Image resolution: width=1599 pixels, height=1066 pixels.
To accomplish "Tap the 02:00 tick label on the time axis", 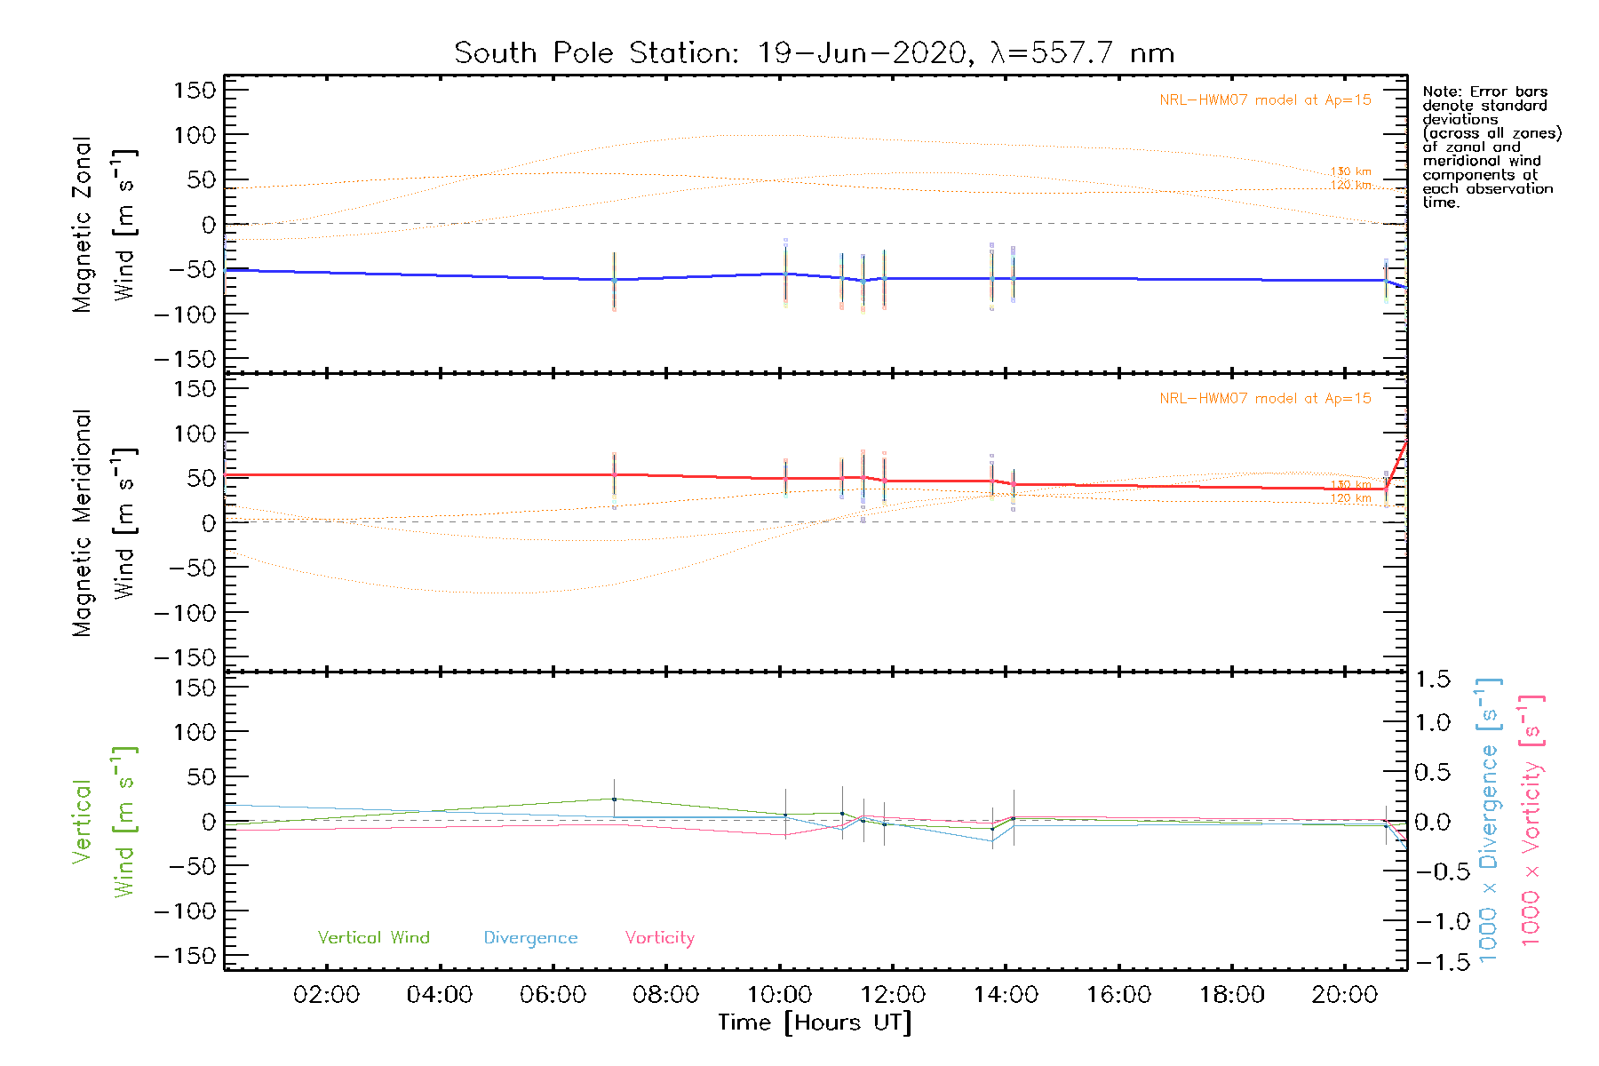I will point(326,995).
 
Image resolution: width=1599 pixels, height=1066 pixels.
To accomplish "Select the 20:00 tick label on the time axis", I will point(1344,995).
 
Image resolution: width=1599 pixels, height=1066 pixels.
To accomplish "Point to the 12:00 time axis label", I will point(892,995).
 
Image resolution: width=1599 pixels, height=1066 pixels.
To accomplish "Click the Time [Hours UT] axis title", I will point(815,1022).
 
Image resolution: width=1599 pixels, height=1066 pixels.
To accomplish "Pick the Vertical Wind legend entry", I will point(373,938).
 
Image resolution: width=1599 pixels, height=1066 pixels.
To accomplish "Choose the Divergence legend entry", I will point(530,938).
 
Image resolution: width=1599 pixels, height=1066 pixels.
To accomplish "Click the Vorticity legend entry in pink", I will point(659,938).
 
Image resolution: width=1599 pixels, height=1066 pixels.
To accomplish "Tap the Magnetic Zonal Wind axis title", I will point(104,225).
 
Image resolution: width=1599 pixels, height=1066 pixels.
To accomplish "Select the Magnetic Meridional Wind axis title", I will point(104,523).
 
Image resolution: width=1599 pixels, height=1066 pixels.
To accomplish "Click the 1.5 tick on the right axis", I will point(1432,680).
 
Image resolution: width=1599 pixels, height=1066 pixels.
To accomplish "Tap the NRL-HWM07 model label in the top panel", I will point(1265,100).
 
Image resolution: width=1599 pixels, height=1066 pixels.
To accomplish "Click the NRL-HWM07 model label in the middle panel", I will point(1265,399).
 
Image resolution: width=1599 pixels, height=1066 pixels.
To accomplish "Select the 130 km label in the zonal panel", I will point(1350,171).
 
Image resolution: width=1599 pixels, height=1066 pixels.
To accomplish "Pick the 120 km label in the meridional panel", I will point(1350,498).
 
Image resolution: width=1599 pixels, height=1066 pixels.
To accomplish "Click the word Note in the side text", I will point(1439,92).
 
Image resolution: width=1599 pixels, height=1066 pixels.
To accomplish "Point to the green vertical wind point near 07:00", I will point(614,799).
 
